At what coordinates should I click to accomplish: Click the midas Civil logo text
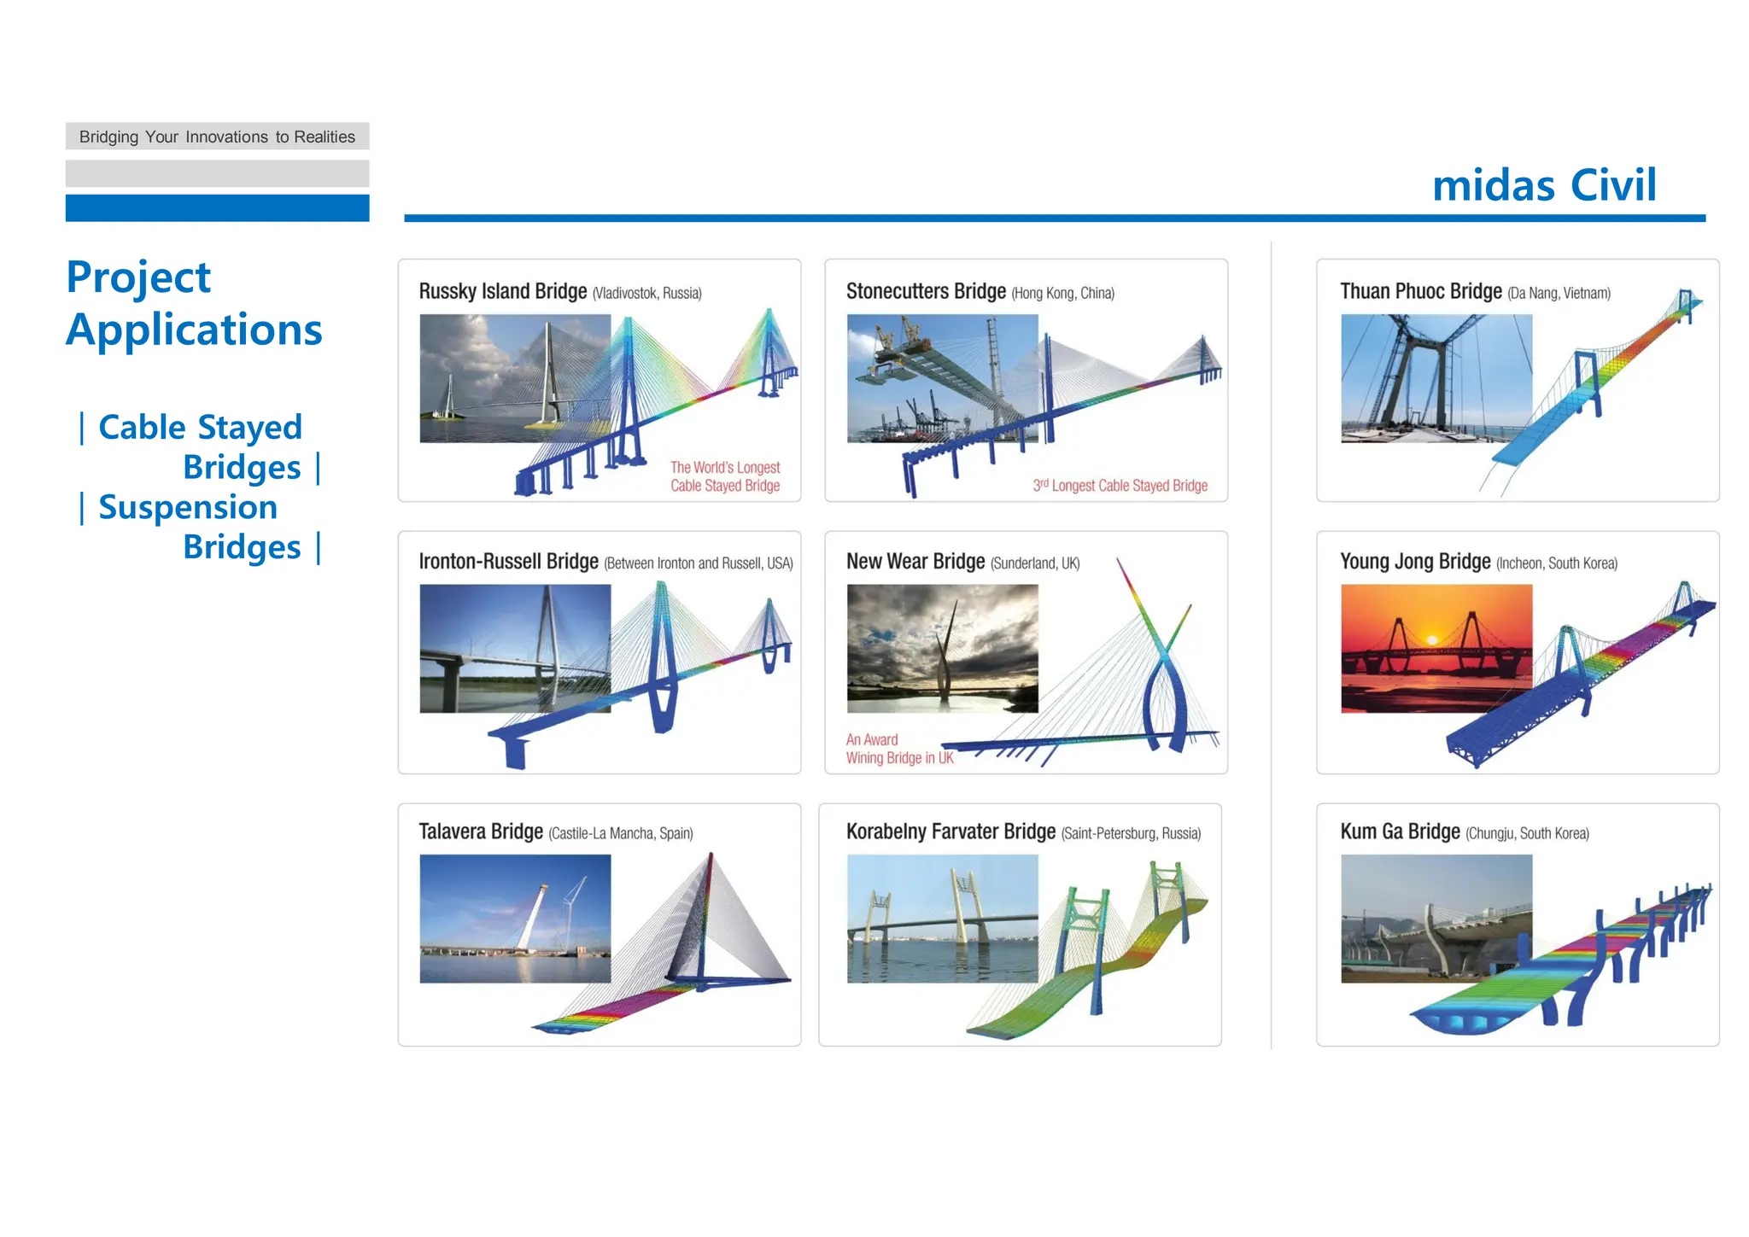[1543, 185]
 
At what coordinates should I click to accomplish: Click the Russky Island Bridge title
[502, 292]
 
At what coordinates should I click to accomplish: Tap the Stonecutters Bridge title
[926, 292]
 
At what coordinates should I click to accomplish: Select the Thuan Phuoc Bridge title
[1420, 292]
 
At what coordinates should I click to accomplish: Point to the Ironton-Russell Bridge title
[508, 562]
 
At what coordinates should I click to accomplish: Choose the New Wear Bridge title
[915, 562]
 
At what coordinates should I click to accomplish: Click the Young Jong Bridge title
[1414, 562]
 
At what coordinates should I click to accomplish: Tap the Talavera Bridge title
[481, 831]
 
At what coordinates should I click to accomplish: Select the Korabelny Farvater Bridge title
[951, 831]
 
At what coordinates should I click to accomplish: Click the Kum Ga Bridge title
[1400, 831]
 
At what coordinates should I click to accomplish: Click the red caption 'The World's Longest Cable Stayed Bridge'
[724, 476]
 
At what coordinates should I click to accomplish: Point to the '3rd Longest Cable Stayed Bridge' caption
[1120, 486]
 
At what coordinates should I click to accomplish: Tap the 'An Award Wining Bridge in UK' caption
[898, 749]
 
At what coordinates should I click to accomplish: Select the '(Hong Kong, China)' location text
[1062, 294]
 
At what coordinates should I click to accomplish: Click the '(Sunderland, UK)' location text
[1034, 563]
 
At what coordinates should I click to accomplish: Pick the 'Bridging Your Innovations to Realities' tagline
[217, 137]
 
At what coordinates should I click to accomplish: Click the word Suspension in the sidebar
[188, 507]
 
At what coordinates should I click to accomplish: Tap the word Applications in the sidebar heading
[194, 330]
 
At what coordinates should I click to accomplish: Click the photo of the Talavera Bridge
[515, 919]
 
